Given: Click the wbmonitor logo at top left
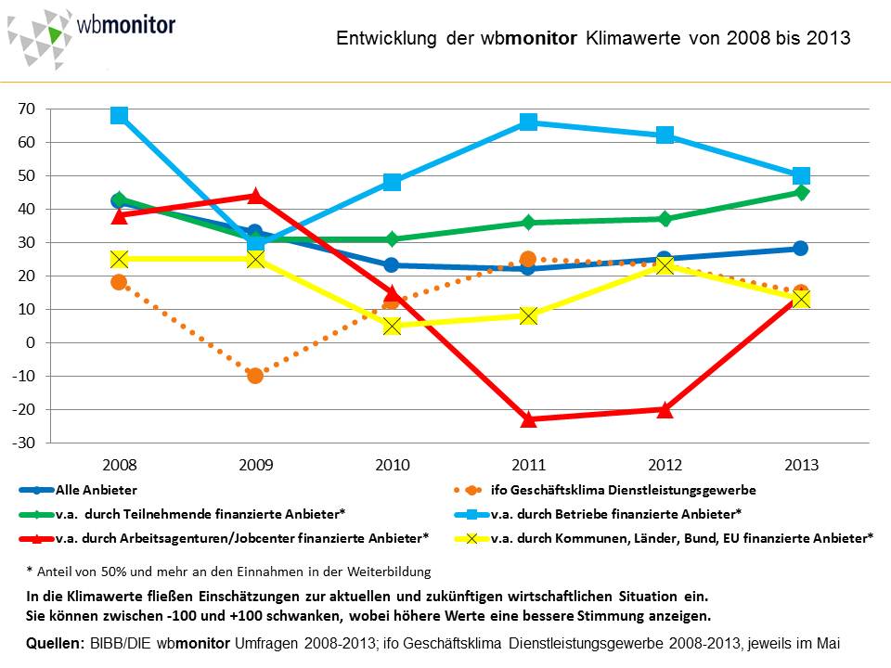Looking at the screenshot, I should point(91,34).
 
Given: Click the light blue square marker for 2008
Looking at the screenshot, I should point(119,115).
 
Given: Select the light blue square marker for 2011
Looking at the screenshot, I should point(528,122).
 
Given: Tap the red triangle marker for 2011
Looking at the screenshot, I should point(528,418).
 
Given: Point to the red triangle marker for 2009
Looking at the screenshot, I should point(255,196).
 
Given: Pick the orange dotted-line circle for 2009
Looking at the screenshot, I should point(255,375).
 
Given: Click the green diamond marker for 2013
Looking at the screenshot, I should point(801,192).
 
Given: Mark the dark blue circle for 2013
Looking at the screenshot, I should point(801,249).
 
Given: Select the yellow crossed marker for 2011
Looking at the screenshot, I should point(528,315).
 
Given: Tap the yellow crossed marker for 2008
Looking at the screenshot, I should point(119,259).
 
